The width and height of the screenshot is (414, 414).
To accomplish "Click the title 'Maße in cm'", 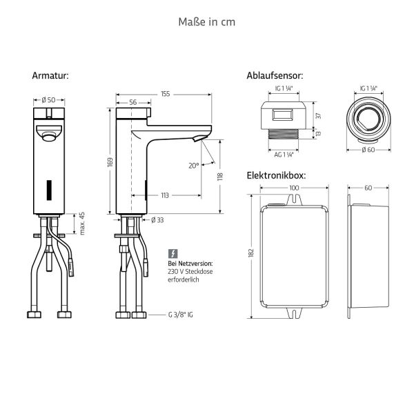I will point(206,22).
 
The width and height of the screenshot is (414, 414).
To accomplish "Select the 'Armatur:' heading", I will point(50,76).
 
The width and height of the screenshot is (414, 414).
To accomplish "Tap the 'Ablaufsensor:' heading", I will point(275,76).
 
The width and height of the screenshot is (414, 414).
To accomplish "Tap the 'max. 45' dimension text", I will point(82,224).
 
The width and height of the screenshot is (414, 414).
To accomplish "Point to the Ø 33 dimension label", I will point(158,221).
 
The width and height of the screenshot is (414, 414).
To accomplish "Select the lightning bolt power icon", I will point(172,253).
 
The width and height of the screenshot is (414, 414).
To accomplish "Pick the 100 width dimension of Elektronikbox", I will point(294,188).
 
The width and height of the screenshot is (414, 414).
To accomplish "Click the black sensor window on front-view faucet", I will point(48,188).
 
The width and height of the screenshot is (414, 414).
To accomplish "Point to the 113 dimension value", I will point(164,195).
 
